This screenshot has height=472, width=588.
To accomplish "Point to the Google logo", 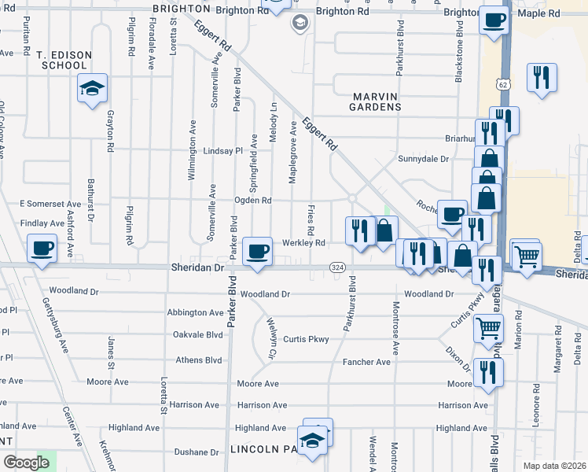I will [26, 463].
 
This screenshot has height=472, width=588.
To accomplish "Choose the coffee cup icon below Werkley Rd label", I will [257, 252].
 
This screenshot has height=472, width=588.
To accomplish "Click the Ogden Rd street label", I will [252, 201].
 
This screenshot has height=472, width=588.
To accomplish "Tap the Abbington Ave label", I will [195, 312].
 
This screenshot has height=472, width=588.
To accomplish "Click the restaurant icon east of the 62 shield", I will [542, 77].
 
